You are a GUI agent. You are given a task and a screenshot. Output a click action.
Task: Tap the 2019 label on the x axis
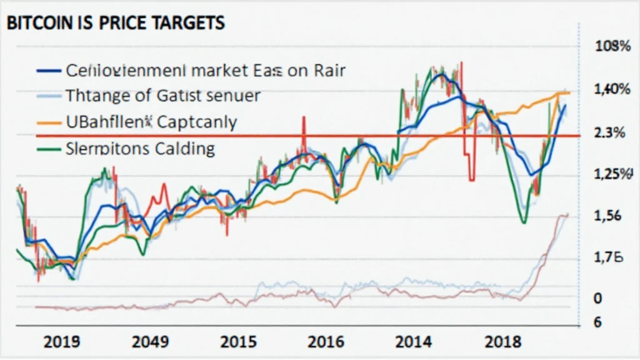pos(61,342)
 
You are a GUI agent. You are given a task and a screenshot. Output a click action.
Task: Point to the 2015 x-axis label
pos(239,342)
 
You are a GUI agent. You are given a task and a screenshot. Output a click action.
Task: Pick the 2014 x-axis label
pos(414,342)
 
